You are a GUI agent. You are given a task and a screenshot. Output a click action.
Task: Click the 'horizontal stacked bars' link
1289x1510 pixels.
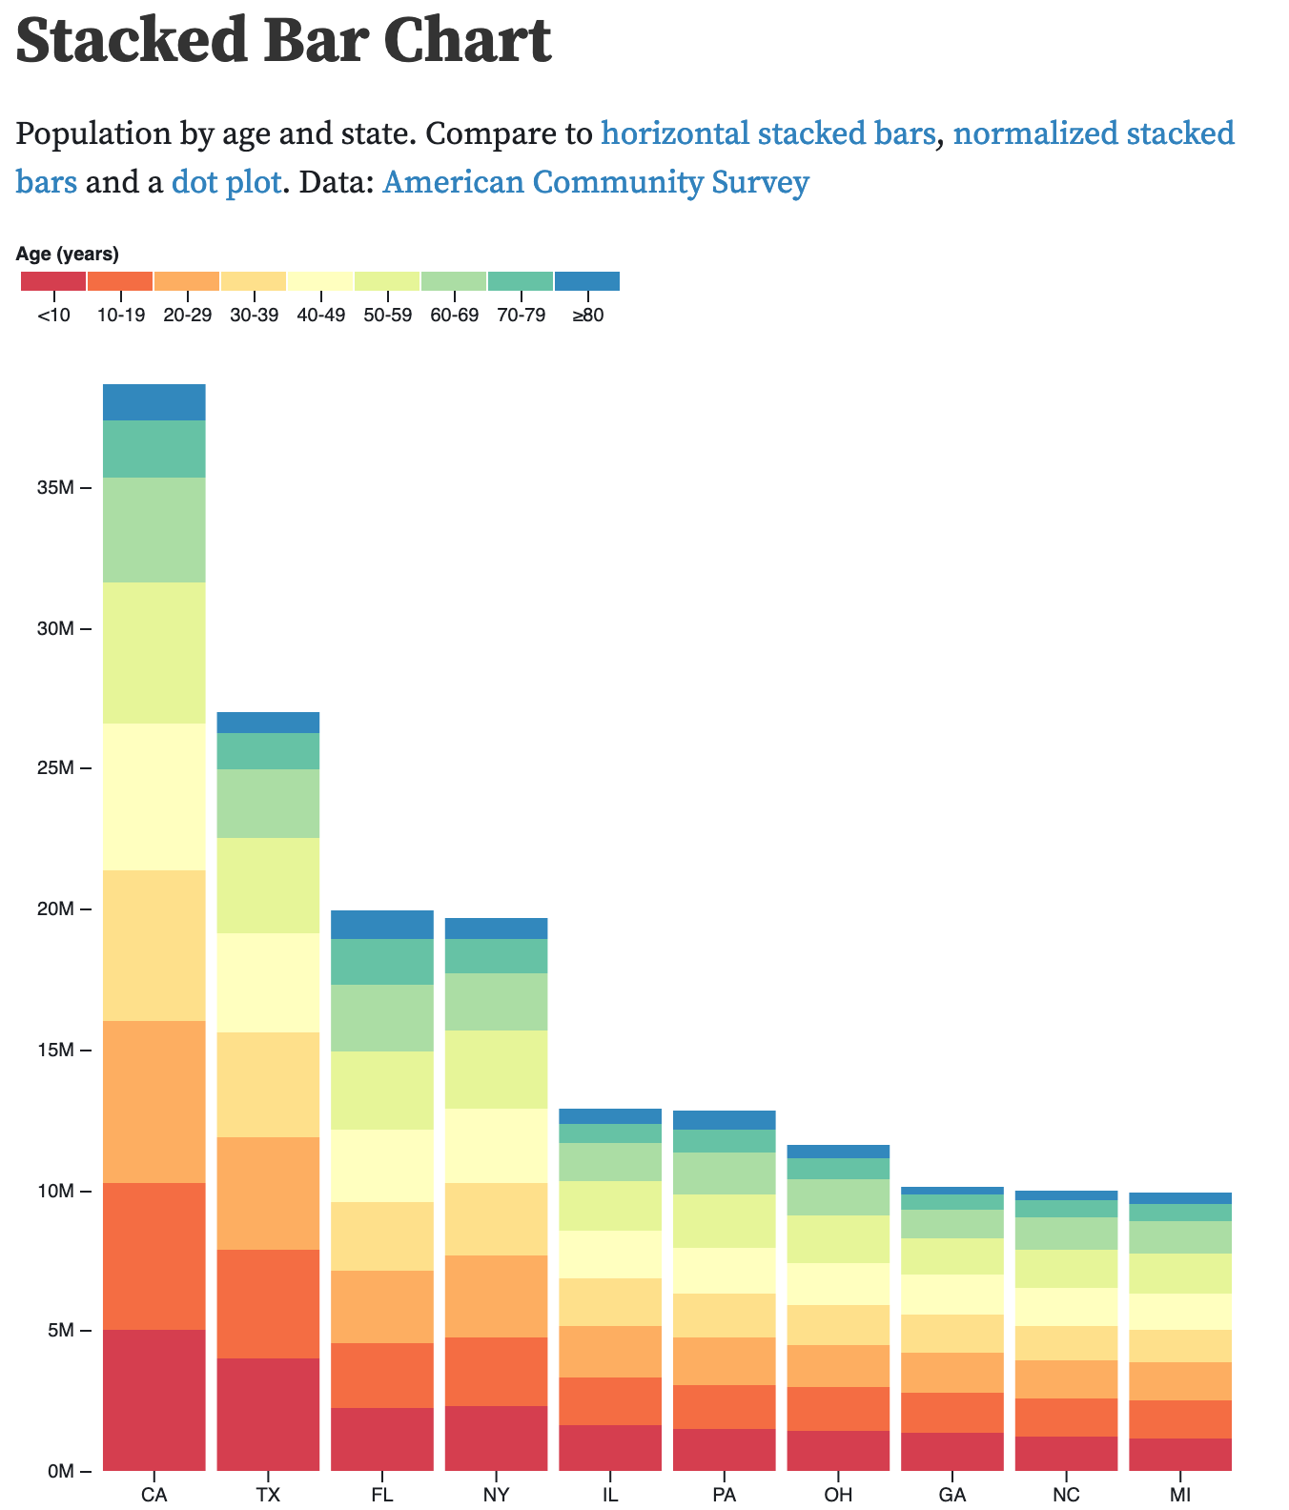pyautogui.click(x=767, y=133)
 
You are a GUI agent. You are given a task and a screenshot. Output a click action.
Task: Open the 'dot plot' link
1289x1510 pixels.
pyautogui.click(x=227, y=182)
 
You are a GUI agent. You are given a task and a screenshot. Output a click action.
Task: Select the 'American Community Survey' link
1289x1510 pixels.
pyautogui.click(x=596, y=182)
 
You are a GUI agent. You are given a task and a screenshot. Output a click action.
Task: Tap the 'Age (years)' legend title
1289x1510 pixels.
pyautogui.click(x=68, y=254)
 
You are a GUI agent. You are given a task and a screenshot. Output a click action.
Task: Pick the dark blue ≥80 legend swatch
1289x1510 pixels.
pyautogui.click(x=586, y=281)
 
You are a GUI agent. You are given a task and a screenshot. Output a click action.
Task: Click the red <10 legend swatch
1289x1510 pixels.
pyautogui.click(x=53, y=281)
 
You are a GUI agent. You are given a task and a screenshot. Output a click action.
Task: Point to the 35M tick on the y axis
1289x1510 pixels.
pyautogui.click(x=55, y=488)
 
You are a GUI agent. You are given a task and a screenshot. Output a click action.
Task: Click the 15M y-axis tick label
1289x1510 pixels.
pyautogui.click(x=55, y=1051)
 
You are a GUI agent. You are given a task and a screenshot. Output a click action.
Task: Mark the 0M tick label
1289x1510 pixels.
pyautogui.click(x=59, y=1472)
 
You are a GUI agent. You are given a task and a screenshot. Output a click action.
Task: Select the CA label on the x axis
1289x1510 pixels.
pyautogui.click(x=153, y=1495)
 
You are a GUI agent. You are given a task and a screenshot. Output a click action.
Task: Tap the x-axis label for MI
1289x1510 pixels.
pyautogui.click(x=1179, y=1495)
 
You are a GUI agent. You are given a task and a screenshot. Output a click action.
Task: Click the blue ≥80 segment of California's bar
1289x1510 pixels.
pyautogui.click(x=153, y=402)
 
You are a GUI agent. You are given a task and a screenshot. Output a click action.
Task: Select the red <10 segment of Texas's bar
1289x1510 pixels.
pyautogui.click(x=268, y=1414)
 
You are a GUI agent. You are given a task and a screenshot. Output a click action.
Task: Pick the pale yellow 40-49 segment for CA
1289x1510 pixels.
pyautogui.click(x=153, y=797)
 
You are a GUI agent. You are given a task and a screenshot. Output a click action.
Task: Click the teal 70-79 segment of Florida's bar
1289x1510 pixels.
pyautogui.click(x=381, y=962)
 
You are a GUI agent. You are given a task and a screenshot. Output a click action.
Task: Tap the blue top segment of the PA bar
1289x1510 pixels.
pyautogui.click(x=724, y=1120)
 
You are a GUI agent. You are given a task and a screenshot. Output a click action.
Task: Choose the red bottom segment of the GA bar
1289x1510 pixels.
pyautogui.click(x=951, y=1452)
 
